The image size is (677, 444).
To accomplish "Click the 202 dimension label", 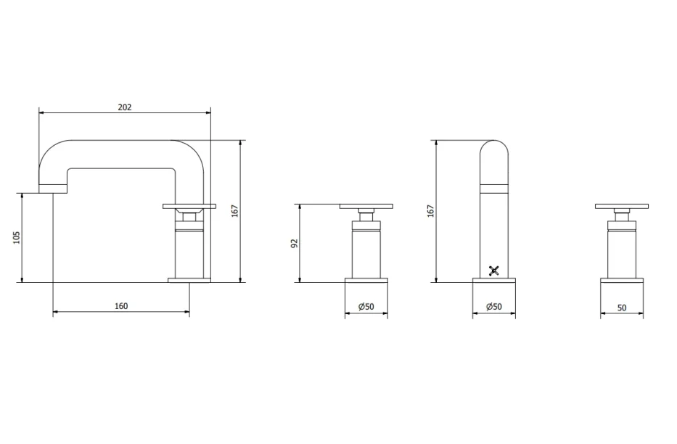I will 124,107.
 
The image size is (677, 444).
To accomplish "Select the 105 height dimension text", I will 17,237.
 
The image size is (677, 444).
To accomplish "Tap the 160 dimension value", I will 121,306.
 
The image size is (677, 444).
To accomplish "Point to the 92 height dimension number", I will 295,243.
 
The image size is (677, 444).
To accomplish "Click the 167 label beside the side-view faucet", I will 235,210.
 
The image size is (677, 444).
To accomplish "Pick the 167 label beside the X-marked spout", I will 430,210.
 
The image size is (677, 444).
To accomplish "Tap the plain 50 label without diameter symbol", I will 622,308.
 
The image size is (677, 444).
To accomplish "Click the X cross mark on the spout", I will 494,271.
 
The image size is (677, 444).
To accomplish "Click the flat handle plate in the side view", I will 189,207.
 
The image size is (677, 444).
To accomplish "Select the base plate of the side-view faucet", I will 189,280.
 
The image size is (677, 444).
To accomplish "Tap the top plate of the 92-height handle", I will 366,207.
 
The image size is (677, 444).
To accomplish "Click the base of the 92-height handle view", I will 366,280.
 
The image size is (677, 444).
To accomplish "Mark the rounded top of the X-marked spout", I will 494,149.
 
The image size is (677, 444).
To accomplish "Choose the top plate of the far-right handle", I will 622,207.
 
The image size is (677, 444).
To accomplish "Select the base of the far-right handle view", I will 622,280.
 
